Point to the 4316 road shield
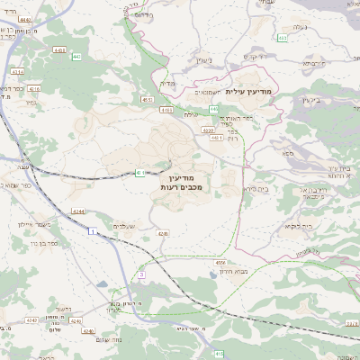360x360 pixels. [x=34, y=89]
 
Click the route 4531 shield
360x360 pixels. [x=147, y=100]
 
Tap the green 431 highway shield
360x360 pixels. [x=140, y=172]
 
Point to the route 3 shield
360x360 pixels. [x=141, y=274]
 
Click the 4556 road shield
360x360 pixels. [x=220, y=262]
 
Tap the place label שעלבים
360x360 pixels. [x=125, y=225]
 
